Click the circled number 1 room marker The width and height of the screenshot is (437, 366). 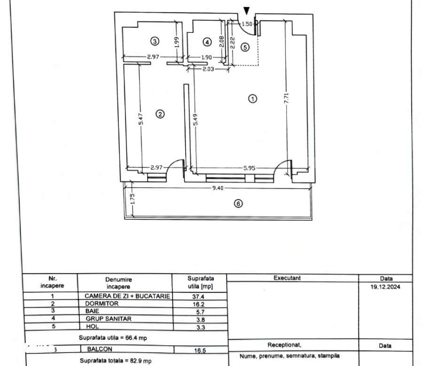point(253,99)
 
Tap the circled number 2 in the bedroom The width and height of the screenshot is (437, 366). point(160,114)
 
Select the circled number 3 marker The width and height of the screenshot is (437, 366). point(155,41)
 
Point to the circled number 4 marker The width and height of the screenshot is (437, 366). point(207,42)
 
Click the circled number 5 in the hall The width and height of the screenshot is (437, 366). point(244,46)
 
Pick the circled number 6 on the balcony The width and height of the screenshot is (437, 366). point(238,204)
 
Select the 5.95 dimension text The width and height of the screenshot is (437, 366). point(250,167)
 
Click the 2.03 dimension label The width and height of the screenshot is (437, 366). point(208,69)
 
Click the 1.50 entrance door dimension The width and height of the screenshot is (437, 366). point(247,23)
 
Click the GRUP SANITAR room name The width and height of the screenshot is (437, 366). point(108,319)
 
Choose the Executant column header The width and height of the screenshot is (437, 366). point(287,278)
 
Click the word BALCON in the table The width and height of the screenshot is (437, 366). point(100,349)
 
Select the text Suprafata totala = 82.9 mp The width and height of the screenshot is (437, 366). point(116,361)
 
